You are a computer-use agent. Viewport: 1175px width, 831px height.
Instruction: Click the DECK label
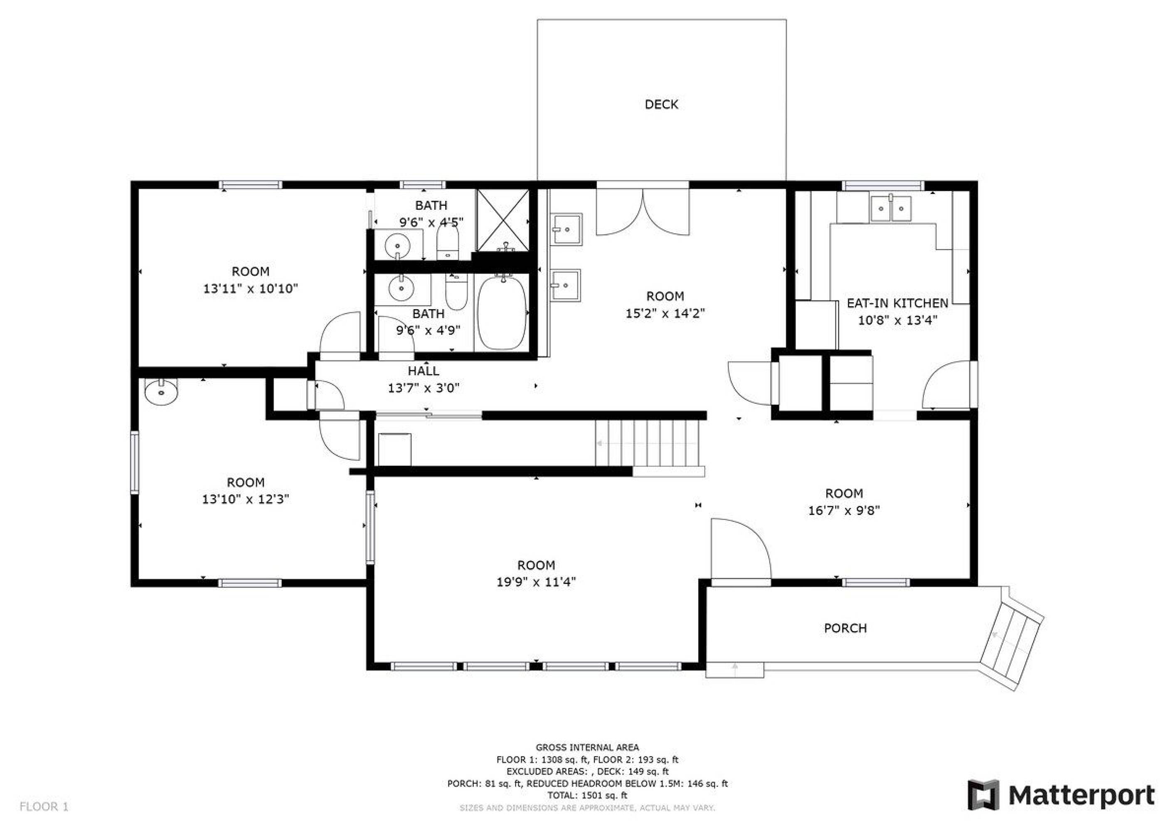pos(661,104)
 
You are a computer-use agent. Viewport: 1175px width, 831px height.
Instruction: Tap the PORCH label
pos(845,628)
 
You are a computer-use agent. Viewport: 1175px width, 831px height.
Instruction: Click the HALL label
pos(423,371)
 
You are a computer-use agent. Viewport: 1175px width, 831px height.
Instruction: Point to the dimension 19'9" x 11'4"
pos(536,581)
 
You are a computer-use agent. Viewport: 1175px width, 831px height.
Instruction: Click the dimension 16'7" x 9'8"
pos(844,510)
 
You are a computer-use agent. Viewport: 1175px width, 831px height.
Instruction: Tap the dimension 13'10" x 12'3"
pos(246,499)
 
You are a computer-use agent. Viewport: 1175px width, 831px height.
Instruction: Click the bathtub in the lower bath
pos(502,312)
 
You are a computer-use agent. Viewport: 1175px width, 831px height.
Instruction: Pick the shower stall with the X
pos(503,221)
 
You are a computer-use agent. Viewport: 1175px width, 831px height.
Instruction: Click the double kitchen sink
pos(891,207)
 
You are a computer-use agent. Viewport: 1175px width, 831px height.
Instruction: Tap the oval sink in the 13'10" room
pos(161,391)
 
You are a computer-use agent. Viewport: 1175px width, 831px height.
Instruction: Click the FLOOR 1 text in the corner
pos(44,807)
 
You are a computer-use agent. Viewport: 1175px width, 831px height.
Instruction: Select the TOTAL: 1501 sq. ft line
pos(587,795)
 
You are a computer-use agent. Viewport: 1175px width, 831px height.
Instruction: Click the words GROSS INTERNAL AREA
pos(587,747)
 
